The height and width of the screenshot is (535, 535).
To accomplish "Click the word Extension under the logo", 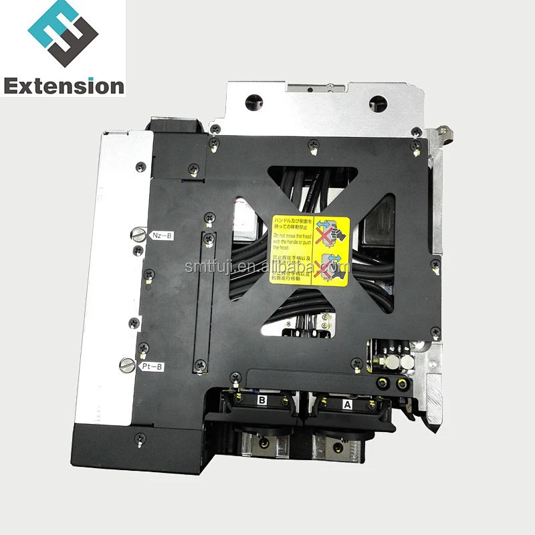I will tap(64, 85).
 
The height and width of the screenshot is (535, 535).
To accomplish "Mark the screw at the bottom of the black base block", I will tap(138, 437).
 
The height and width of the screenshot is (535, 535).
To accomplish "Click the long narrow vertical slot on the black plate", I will tap(206, 302).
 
